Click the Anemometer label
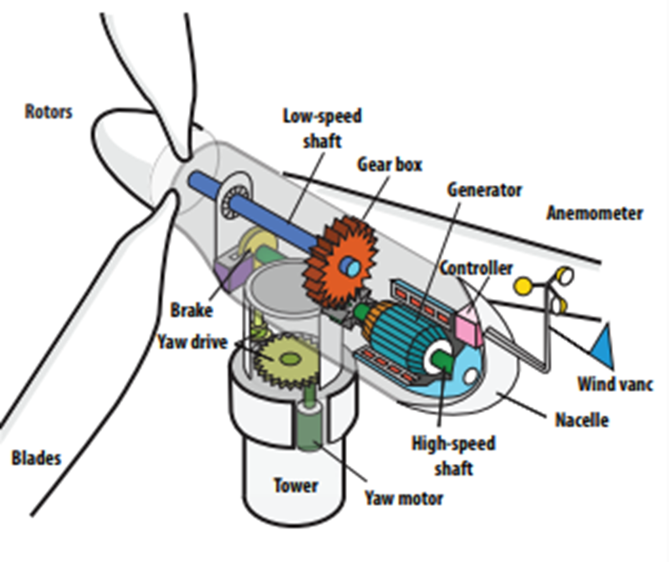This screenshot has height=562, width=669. (x=595, y=213)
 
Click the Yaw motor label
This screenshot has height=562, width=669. (x=403, y=499)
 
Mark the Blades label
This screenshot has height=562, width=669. (x=36, y=458)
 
